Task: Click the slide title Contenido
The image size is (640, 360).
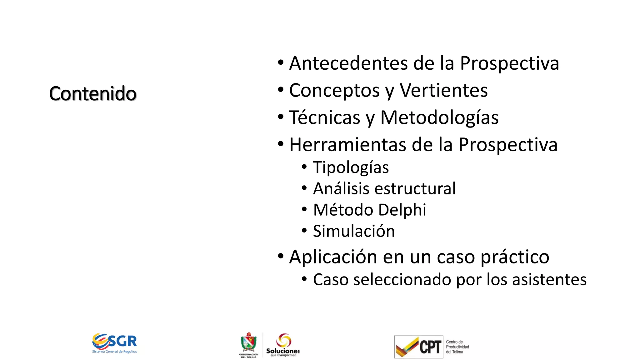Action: tap(93, 93)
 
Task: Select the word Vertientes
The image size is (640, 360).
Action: tap(443, 91)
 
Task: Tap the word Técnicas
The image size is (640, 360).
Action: tap(325, 118)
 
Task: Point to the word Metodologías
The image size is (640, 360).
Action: tap(439, 118)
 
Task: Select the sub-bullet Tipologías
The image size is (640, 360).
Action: tap(351, 167)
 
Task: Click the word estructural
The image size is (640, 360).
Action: tap(415, 189)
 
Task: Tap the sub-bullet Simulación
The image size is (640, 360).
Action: tap(354, 231)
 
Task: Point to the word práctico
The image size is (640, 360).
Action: tap(515, 257)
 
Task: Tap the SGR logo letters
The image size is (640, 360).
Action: tap(122, 341)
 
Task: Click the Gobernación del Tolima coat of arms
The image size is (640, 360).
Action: tap(249, 343)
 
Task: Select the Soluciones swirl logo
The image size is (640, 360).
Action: tap(284, 340)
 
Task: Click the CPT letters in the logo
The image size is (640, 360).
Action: tap(430, 347)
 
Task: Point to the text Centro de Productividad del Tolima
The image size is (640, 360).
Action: tap(457, 347)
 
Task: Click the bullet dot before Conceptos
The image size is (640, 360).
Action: tap(281, 90)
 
